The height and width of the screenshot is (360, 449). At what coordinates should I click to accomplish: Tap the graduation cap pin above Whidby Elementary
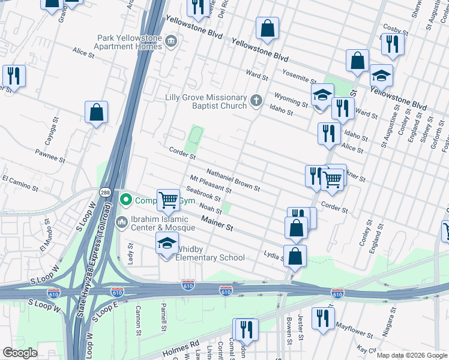[167, 243]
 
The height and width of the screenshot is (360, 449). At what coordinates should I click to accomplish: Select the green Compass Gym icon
[126, 200]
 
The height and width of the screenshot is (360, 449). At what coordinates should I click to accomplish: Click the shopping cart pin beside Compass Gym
[168, 200]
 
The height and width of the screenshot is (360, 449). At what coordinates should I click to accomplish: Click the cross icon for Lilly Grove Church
[257, 101]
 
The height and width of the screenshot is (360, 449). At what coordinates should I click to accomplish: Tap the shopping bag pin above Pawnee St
[96, 112]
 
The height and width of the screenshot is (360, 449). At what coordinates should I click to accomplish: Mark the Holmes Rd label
[187, 345]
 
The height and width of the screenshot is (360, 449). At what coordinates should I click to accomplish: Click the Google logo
[20, 353]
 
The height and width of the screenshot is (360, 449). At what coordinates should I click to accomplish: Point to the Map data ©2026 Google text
[412, 355]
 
